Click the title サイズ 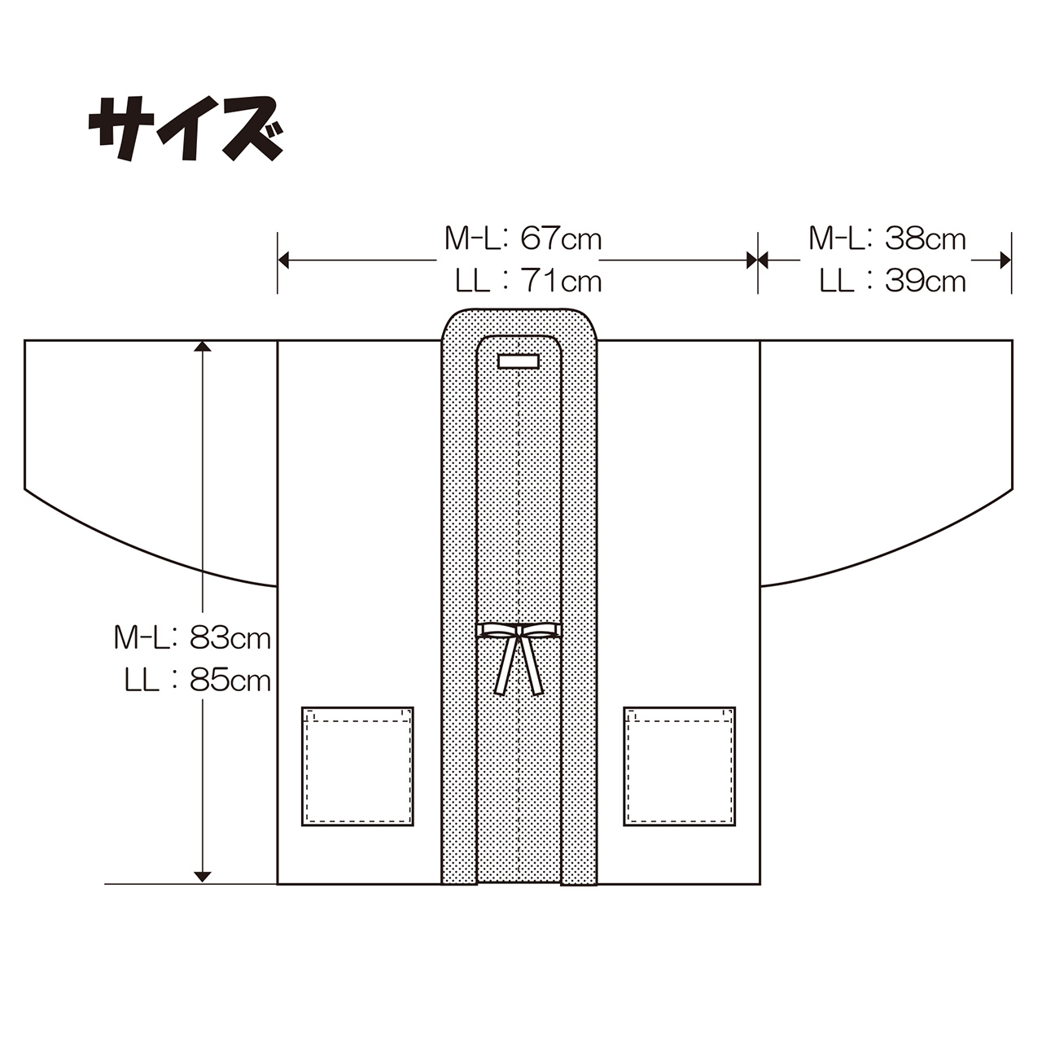(x=186, y=129)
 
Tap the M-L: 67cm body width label (x=523, y=239)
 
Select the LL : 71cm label (x=528, y=281)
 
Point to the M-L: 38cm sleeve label (x=887, y=239)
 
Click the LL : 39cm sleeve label (x=892, y=281)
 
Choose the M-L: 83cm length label (x=192, y=638)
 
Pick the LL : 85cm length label (x=197, y=681)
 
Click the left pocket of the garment (x=357, y=766)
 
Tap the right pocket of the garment (x=679, y=766)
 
